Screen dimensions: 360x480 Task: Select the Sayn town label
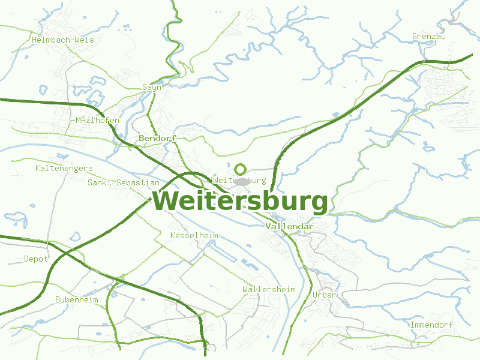point(152,87)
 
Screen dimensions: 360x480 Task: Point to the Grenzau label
point(429,37)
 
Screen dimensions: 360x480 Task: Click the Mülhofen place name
point(97,120)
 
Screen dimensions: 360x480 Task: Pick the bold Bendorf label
point(157,138)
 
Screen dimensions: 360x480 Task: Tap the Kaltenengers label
point(64,168)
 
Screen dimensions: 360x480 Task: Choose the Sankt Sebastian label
point(124,182)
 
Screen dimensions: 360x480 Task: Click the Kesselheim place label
point(194,235)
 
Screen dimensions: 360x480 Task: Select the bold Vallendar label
point(289,226)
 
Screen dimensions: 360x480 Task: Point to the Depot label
point(35,259)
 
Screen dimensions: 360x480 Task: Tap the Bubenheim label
point(77,299)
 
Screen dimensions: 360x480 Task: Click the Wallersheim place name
point(269,289)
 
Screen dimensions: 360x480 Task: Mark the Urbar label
point(324,295)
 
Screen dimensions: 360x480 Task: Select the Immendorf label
point(431,325)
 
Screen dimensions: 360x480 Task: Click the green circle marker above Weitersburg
point(241,169)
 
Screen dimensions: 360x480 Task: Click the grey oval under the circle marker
point(241,181)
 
